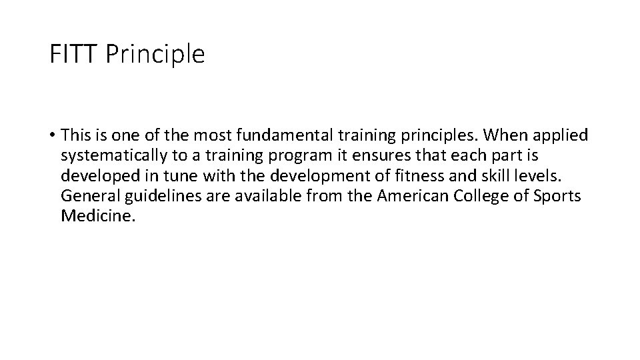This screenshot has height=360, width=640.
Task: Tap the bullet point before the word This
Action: [51, 136]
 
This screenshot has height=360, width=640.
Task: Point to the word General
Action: [87, 196]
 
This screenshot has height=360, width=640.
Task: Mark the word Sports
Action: [558, 197]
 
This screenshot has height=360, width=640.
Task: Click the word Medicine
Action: [97, 216]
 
